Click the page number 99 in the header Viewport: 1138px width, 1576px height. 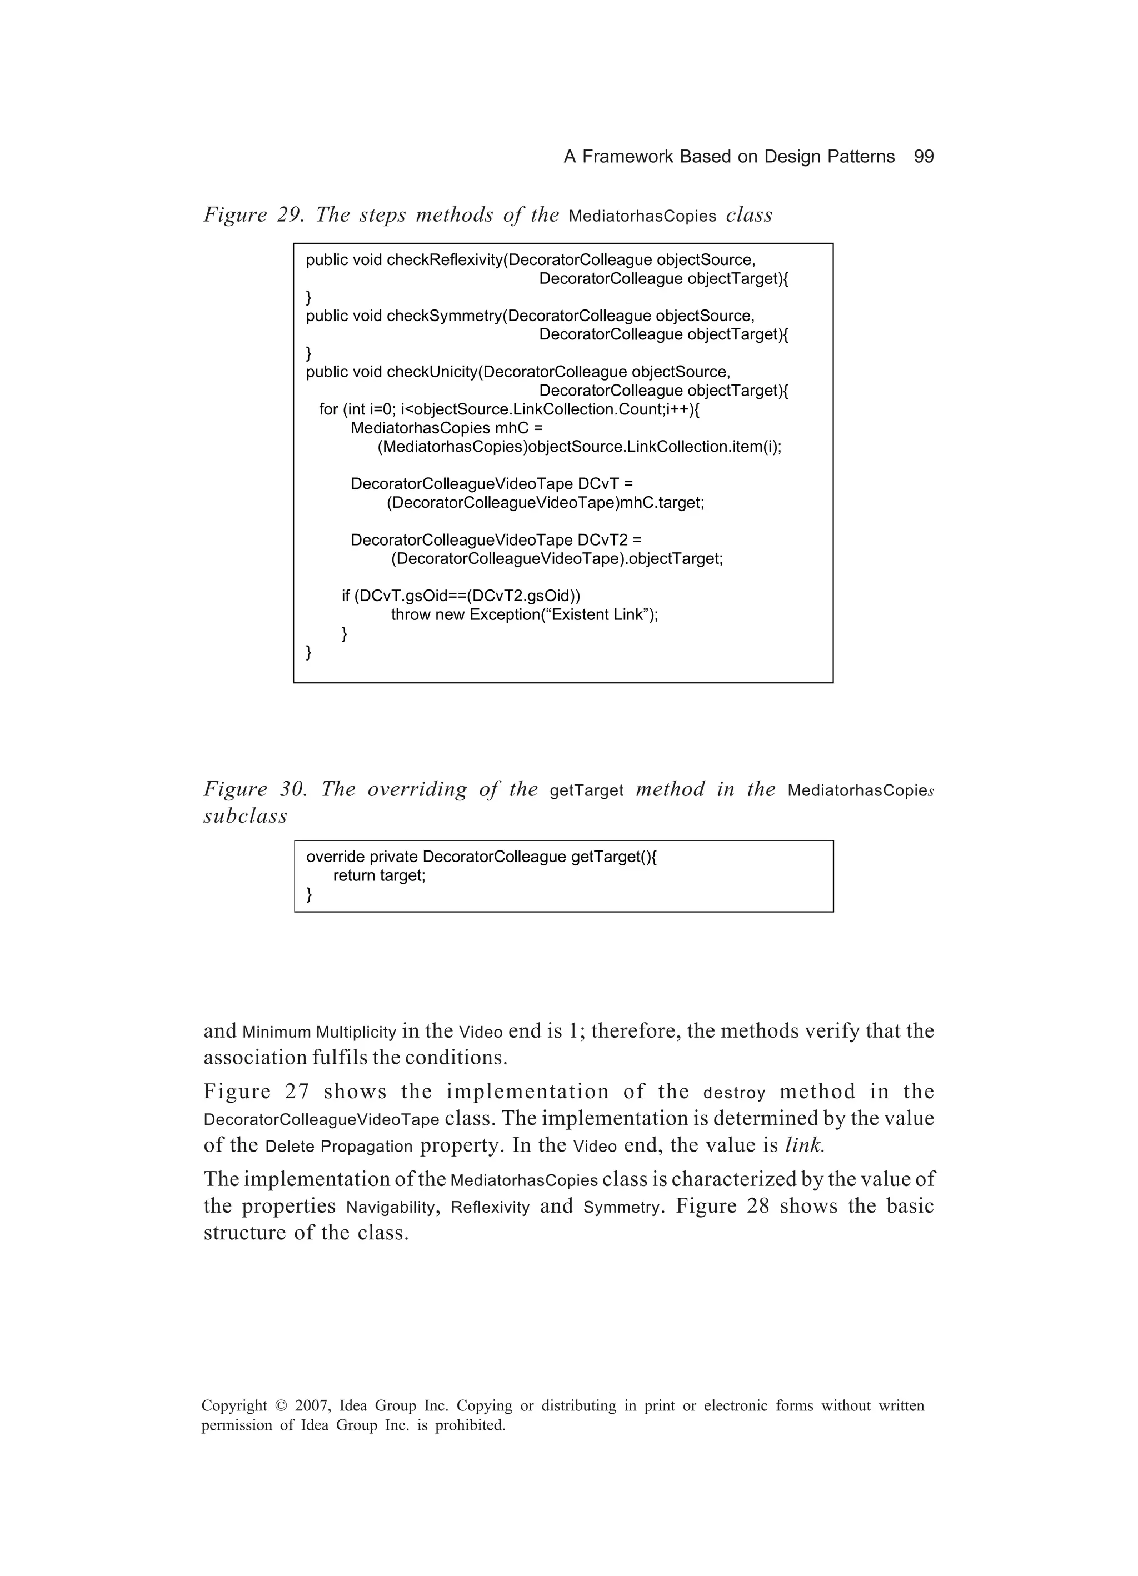tap(923, 156)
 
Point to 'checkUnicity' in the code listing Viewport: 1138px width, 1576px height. tap(432, 372)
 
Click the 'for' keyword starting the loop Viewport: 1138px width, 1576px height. tap(328, 409)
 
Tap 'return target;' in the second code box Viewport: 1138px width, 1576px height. tap(379, 875)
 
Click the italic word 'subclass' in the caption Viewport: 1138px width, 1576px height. tap(244, 817)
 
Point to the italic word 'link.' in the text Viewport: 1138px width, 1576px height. tap(804, 1146)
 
